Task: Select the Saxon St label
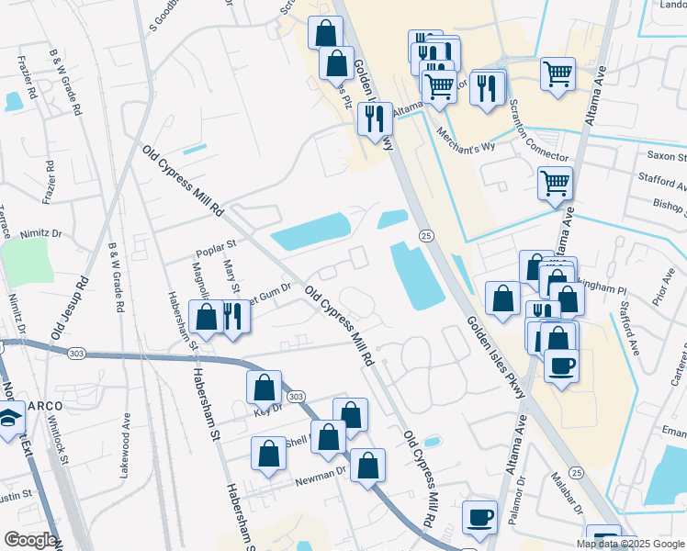point(666,157)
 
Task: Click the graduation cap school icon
point(11,422)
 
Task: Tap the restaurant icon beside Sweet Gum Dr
point(233,317)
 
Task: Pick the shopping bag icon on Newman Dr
point(367,465)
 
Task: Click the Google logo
point(29,540)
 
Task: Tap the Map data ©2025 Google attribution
point(630,544)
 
